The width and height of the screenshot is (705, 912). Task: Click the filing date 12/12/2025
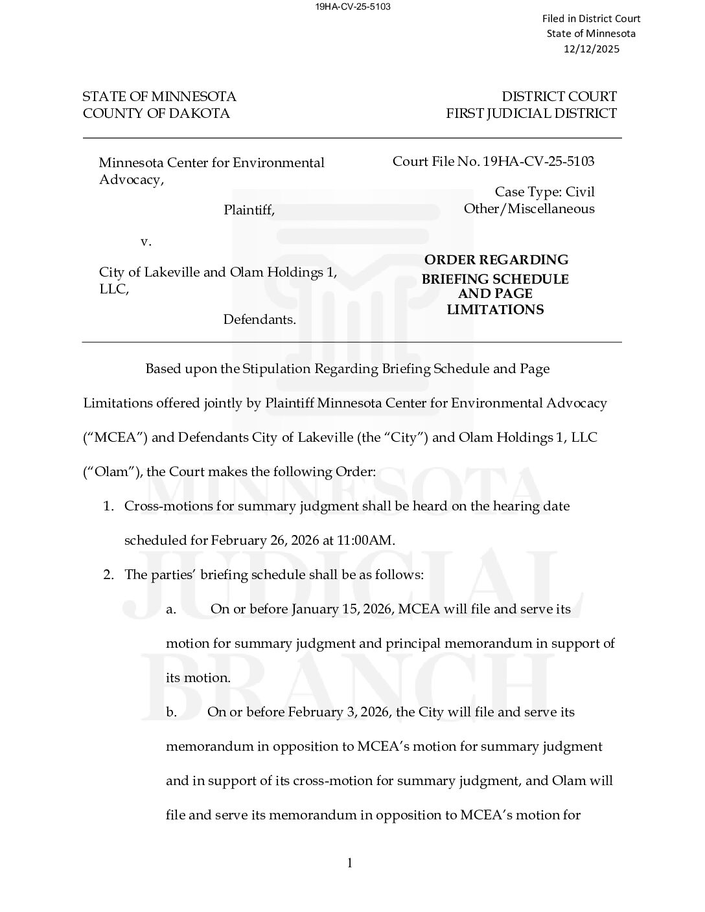(x=591, y=49)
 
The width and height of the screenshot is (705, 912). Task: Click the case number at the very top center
(x=352, y=6)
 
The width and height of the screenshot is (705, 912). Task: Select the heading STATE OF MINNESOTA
(x=159, y=97)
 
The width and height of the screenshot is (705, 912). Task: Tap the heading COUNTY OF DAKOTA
(x=156, y=113)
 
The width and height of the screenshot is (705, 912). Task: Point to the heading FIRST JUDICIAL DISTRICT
(x=531, y=113)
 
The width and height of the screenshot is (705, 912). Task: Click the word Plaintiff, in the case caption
(x=249, y=210)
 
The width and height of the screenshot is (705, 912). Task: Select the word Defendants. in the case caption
(x=259, y=319)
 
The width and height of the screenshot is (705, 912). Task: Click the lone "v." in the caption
(x=146, y=242)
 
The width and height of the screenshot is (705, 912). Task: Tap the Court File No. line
(x=493, y=161)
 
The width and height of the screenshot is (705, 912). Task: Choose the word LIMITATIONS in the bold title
(x=495, y=310)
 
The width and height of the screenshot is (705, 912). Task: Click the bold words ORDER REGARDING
(x=496, y=260)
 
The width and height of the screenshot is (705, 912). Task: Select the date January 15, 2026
(x=342, y=609)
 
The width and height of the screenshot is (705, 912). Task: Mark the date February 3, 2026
(x=339, y=712)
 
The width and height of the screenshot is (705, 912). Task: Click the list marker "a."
(x=171, y=609)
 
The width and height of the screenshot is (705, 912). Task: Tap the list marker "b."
(x=171, y=712)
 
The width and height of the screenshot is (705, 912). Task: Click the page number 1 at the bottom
(x=350, y=863)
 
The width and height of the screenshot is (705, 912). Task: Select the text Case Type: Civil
(x=544, y=192)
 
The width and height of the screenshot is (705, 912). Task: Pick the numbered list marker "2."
(x=109, y=575)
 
